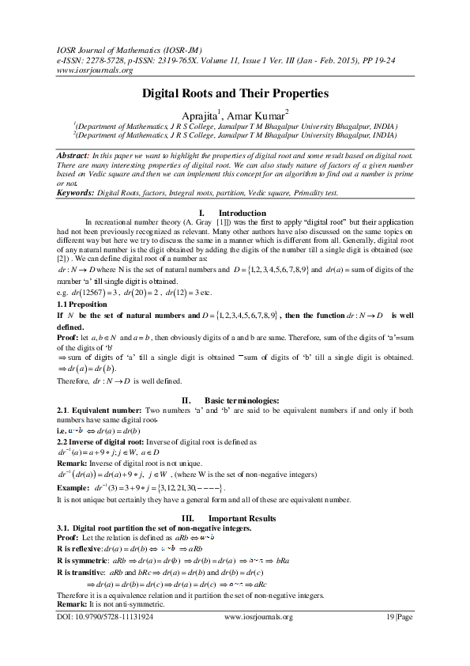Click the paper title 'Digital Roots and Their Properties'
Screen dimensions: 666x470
click(x=235, y=93)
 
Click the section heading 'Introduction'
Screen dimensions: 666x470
click(x=242, y=213)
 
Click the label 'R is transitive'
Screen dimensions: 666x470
click(x=82, y=570)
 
